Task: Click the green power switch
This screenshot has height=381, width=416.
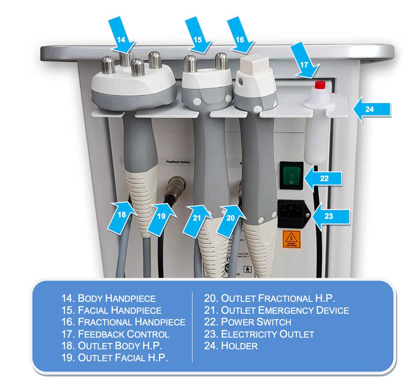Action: [x=291, y=175]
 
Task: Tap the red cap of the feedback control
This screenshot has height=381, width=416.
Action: [x=320, y=85]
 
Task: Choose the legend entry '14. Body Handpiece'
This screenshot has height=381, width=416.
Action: [x=109, y=298]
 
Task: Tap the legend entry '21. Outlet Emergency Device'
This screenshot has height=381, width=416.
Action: [x=276, y=310]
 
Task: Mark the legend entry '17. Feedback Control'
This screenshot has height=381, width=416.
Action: [x=115, y=334]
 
